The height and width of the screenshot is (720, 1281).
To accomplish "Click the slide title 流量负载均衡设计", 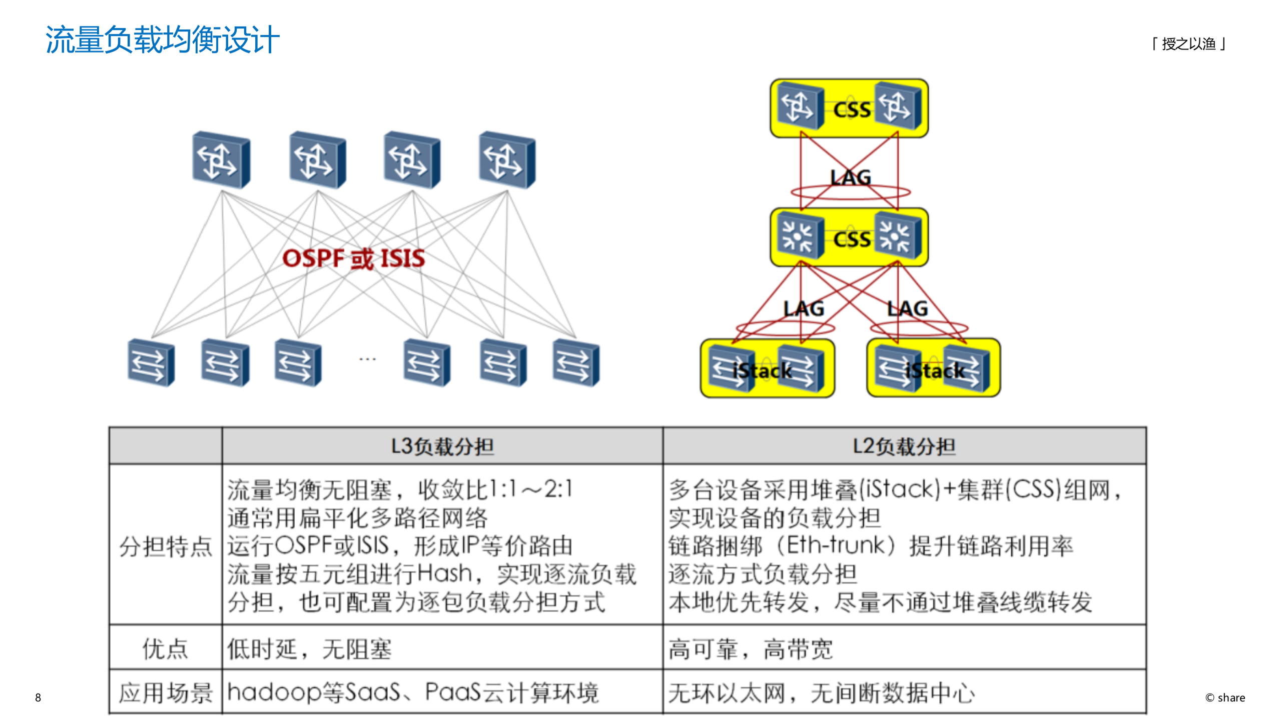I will pyautogui.click(x=162, y=40).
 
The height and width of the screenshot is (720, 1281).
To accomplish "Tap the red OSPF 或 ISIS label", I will pyautogui.click(x=353, y=258).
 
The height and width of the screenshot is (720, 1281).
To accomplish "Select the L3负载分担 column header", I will pyautogui.click(x=442, y=446).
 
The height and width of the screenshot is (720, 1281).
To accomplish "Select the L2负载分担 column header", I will pyautogui.click(x=904, y=446).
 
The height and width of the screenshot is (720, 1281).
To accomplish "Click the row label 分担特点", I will pyautogui.click(x=166, y=546).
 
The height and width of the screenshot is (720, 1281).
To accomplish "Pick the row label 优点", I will pyautogui.click(x=166, y=648).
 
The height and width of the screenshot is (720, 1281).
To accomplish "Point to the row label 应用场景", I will pyautogui.click(x=166, y=693).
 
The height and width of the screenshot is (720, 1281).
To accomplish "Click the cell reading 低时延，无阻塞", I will pyautogui.click(x=309, y=649).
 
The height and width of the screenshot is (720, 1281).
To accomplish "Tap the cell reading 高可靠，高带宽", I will pyautogui.click(x=751, y=649).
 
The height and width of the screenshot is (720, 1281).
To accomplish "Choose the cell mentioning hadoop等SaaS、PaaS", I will pyautogui.click(x=413, y=693).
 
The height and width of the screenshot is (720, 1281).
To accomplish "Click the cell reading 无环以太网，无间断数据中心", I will pyautogui.click(x=822, y=693).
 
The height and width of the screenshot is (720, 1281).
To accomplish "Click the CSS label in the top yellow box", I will pyautogui.click(x=852, y=110).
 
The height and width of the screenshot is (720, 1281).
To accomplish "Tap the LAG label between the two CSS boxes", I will pyautogui.click(x=851, y=177).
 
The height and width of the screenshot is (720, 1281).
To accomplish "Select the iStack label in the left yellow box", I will pyautogui.click(x=762, y=371).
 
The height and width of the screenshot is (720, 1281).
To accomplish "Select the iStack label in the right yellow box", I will pyautogui.click(x=935, y=371).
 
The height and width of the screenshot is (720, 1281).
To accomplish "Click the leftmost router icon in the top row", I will pyautogui.click(x=221, y=160).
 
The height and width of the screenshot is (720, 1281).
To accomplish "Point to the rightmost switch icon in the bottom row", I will pyautogui.click(x=576, y=363).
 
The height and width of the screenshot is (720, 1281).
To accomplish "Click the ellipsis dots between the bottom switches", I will pyautogui.click(x=367, y=359).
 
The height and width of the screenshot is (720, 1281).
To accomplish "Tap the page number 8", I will pyautogui.click(x=38, y=697).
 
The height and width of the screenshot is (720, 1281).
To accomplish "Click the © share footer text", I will pyautogui.click(x=1225, y=697).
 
